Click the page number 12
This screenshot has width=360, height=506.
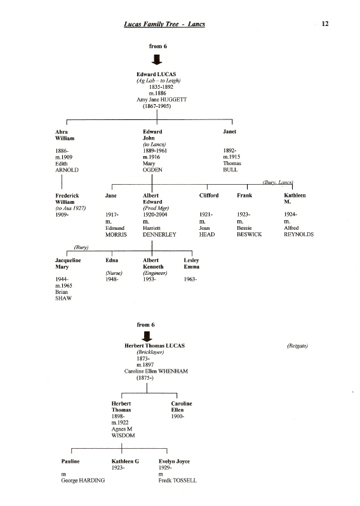(325, 23)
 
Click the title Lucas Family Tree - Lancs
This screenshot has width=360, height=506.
(164, 24)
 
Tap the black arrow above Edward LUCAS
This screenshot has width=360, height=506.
(157, 60)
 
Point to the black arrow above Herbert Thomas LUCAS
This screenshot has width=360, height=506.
(147, 336)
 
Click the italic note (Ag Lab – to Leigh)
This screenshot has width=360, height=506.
(158, 81)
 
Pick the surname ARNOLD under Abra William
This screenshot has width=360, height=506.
(67, 170)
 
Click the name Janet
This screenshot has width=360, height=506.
(229, 131)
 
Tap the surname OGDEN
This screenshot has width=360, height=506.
(152, 170)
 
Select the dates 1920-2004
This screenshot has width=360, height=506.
(155, 215)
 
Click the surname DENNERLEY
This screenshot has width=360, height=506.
(159, 235)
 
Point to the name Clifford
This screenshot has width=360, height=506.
(209, 196)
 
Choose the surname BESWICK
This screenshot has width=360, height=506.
(249, 235)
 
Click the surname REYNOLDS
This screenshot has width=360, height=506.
(298, 235)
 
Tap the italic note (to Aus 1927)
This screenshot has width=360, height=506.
(70, 208)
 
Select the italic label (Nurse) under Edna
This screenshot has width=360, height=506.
(114, 273)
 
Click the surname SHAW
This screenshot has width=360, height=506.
(63, 298)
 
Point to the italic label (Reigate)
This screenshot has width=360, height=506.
(297, 346)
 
